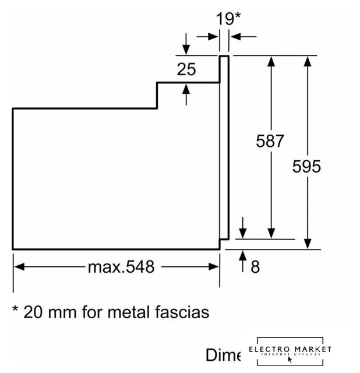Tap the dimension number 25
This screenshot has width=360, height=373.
pyautogui.click(x=186, y=70)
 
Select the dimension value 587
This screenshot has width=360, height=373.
pyautogui.click(x=271, y=141)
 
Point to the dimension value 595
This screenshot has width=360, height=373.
pyautogui.click(x=307, y=167)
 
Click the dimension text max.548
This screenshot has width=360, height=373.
pyautogui.click(x=121, y=267)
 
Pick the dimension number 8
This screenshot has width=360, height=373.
pyautogui.click(x=255, y=267)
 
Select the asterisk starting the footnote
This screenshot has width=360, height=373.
pyautogui.click(x=16, y=310)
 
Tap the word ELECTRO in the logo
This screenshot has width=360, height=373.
pyautogui.click(x=269, y=349)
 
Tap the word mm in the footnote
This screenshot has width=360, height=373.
pyautogui.click(x=63, y=312)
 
